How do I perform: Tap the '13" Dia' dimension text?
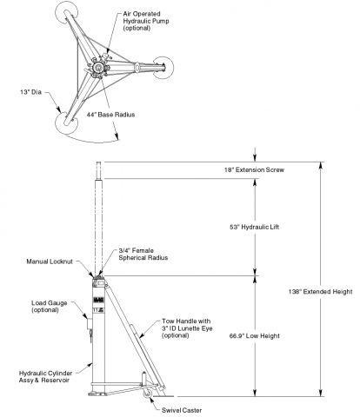[x=31, y=92]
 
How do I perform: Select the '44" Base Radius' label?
[x=110, y=115]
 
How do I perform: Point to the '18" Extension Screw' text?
[x=254, y=169]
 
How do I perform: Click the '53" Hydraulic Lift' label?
[x=254, y=227]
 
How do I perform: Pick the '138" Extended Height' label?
[x=320, y=292]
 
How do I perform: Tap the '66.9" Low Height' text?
[x=255, y=336]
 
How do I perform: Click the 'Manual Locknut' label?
[x=50, y=261]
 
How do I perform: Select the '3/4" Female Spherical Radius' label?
[x=143, y=255]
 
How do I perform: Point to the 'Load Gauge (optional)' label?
[x=50, y=307]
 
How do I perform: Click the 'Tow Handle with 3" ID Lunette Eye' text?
[x=187, y=325]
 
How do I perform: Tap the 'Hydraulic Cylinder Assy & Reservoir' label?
[x=45, y=376]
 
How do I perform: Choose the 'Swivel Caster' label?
[x=182, y=410]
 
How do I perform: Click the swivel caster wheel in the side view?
[x=148, y=394]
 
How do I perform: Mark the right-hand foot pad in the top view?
[x=163, y=68]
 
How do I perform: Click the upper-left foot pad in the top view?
[x=66, y=13]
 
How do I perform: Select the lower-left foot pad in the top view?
[x=66, y=122]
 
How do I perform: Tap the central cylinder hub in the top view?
[x=97, y=68]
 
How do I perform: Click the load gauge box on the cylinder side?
[x=90, y=323]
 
